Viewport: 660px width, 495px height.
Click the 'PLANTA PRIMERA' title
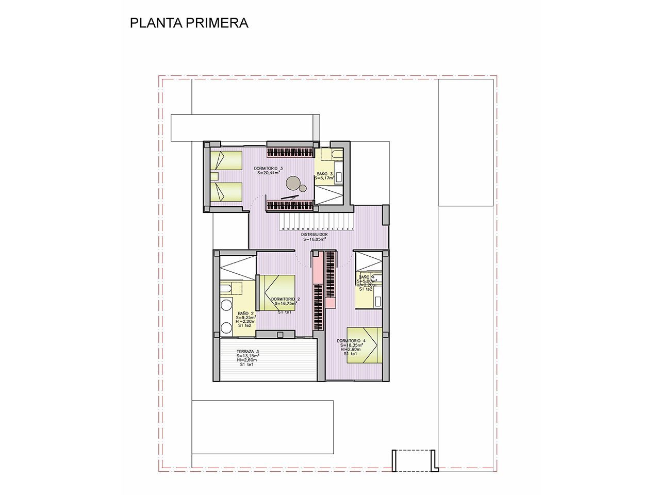(x=189, y=23)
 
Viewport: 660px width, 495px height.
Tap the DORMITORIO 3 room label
(x=268, y=169)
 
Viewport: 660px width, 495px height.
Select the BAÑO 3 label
(x=325, y=174)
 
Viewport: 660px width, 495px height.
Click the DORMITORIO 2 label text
(x=285, y=299)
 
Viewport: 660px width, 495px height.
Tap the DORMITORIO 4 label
(x=351, y=341)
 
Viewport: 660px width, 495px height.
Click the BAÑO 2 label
(x=245, y=313)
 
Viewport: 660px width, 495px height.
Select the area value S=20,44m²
(x=268, y=173)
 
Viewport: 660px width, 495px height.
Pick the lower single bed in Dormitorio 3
(x=226, y=192)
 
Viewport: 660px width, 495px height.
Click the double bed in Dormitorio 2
(x=276, y=292)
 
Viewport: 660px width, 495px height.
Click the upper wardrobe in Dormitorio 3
(x=290, y=152)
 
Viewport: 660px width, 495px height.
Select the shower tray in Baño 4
(x=369, y=260)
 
